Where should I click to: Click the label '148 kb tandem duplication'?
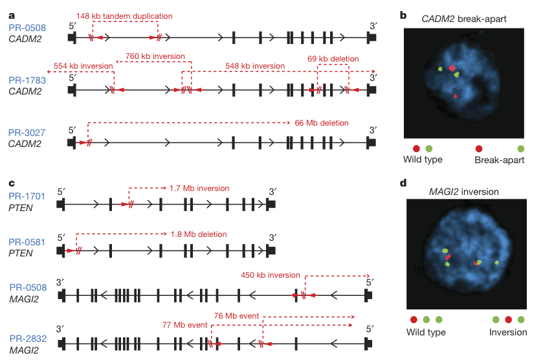pos(124,16)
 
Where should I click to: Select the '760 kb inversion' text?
pos(155,56)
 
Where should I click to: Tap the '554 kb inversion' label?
pos(83,66)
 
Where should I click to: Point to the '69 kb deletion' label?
pos(333,59)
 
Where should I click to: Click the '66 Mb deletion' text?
pos(322,123)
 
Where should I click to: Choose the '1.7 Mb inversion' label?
pos(199,188)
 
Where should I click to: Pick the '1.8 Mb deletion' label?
pos(199,234)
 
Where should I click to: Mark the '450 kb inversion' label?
pos(271,275)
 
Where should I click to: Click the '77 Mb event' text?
pos(185,325)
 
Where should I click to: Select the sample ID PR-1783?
pos(27,80)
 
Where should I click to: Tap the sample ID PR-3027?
pos(27,133)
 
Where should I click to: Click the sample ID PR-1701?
pos(27,196)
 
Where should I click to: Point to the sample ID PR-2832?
pos(28,339)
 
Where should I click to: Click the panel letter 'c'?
pos(12,183)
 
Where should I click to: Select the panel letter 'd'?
pos(403,183)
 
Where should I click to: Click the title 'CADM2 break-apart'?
pos(464,19)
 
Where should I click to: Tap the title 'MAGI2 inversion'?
pos(464,192)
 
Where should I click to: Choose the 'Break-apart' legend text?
pos(499,160)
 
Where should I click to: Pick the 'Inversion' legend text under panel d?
pos(508,332)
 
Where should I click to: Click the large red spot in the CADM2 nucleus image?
pos(452,68)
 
